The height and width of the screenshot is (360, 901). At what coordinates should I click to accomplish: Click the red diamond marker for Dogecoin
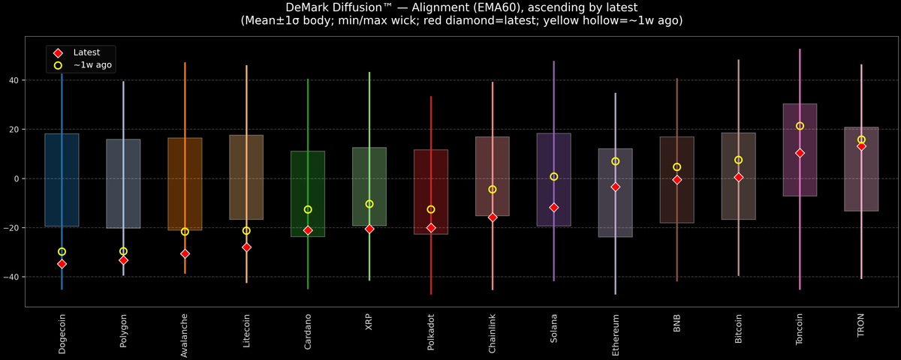coord(62,264)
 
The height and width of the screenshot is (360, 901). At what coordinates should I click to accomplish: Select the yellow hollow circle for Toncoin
coord(800,126)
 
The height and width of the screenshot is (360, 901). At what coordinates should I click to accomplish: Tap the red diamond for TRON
coord(861,146)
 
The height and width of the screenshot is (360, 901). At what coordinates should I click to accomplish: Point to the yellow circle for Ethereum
coord(615,161)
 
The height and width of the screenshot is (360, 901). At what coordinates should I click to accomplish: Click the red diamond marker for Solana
coord(554,207)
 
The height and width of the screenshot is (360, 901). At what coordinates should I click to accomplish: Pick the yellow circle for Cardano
coord(308,209)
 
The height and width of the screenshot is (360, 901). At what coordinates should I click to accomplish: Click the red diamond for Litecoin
coord(246,247)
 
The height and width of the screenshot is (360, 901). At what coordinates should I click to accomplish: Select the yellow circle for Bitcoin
coord(738,160)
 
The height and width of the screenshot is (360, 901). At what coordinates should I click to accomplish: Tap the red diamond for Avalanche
coord(185,253)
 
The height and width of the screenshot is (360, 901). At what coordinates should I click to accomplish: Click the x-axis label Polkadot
coord(431,334)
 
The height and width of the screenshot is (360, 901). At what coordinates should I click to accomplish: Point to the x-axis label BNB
coord(677,323)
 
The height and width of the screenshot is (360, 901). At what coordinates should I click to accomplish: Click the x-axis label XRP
coord(369,323)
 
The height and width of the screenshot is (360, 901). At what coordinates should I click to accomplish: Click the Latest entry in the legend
coord(83,52)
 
